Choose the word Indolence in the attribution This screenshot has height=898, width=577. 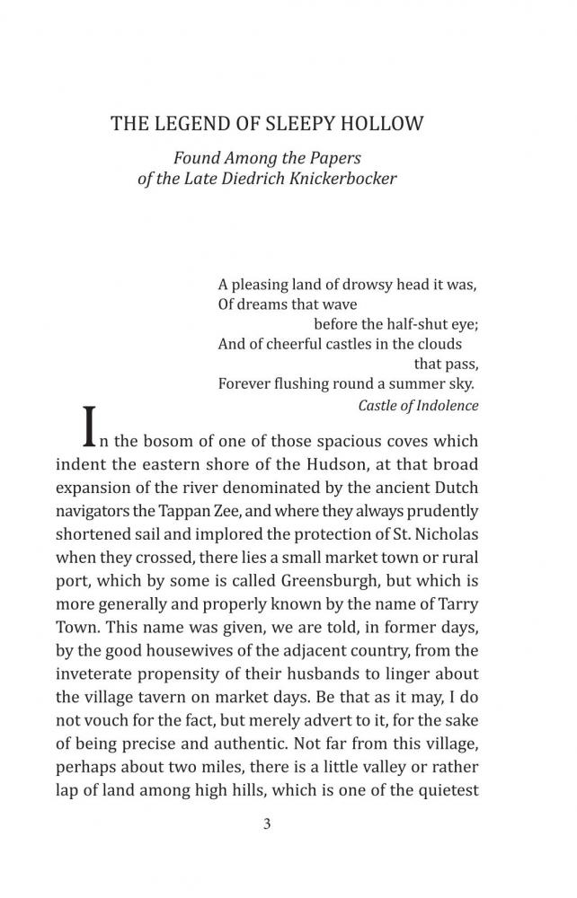pyautogui.click(x=446, y=405)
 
